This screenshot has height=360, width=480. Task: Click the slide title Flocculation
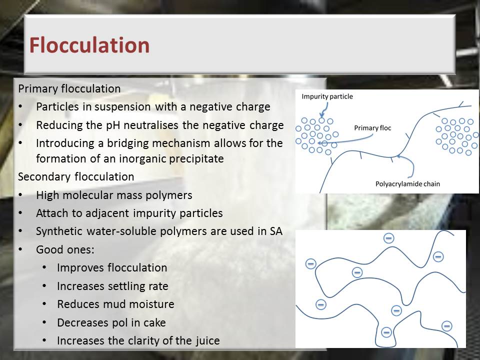(x=89, y=45)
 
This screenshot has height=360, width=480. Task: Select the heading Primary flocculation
(x=69, y=89)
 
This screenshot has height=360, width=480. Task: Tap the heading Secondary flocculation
(x=76, y=176)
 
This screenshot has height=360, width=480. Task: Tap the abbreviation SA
(x=276, y=231)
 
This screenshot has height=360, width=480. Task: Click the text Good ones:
(x=65, y=249)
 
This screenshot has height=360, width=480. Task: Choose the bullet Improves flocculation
(x=112, y=267)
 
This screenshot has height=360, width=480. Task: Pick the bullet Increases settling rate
(x=112, y=286)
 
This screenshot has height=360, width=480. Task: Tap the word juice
(x=207, y=340)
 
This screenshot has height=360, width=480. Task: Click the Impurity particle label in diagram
(x=327, y=96)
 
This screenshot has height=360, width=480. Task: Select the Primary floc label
(x=372, y=128)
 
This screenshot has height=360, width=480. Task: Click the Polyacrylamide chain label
(x=407, y=184)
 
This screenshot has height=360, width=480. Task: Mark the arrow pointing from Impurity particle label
(x=325, y=109)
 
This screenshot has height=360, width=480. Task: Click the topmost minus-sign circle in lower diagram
(x=389, y=238)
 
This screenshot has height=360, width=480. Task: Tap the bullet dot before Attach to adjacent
(x=20, y=213)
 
